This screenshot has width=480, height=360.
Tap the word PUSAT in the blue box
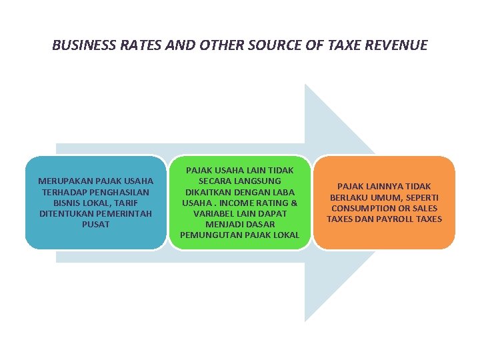[x=96, y=225]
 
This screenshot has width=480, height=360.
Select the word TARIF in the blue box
[x=132, y=203]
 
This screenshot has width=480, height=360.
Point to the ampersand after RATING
[x=294, y=203]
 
